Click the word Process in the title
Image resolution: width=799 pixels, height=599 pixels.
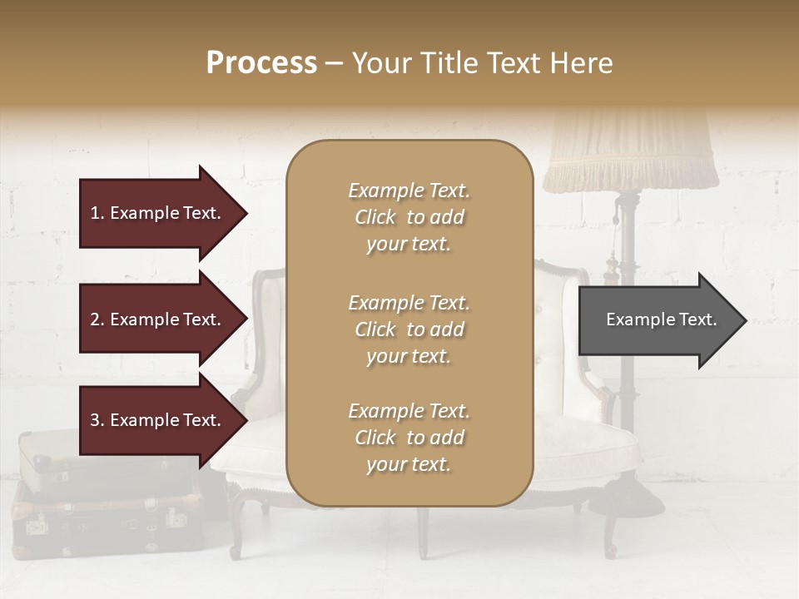(x=261, y=63)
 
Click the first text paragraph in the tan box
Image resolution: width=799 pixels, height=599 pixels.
(x=409, y=217)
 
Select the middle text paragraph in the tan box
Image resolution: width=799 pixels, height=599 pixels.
(x=409, y=329)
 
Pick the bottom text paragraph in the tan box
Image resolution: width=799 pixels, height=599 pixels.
(x=409, y=438)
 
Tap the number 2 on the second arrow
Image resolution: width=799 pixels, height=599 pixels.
(x=95, y=319)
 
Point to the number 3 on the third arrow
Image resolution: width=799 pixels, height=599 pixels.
(x=95, y=420)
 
